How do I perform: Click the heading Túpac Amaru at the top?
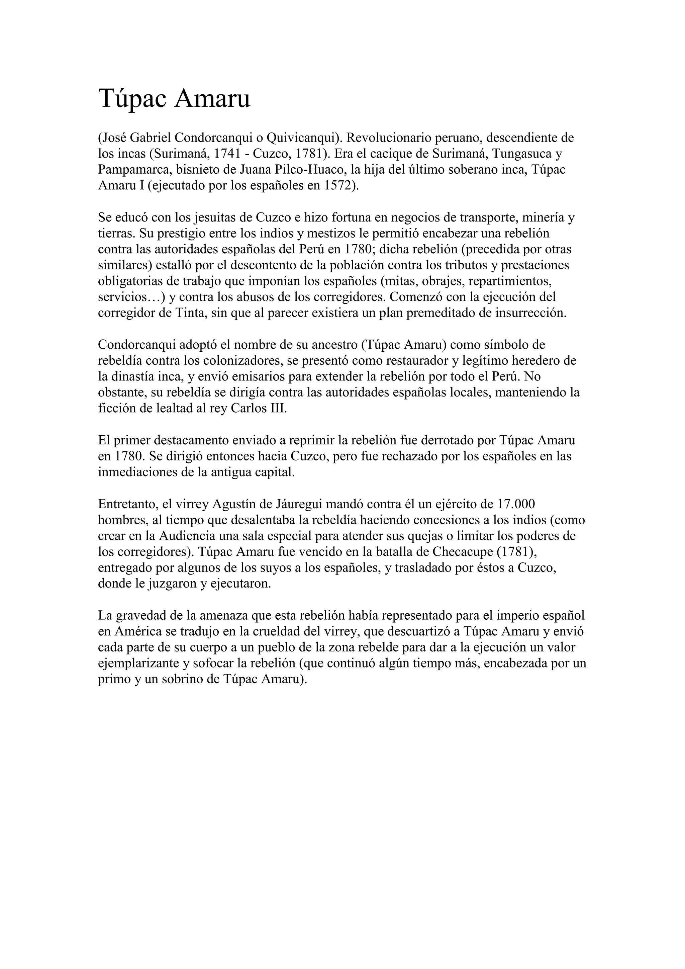(x=174, y=99)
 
